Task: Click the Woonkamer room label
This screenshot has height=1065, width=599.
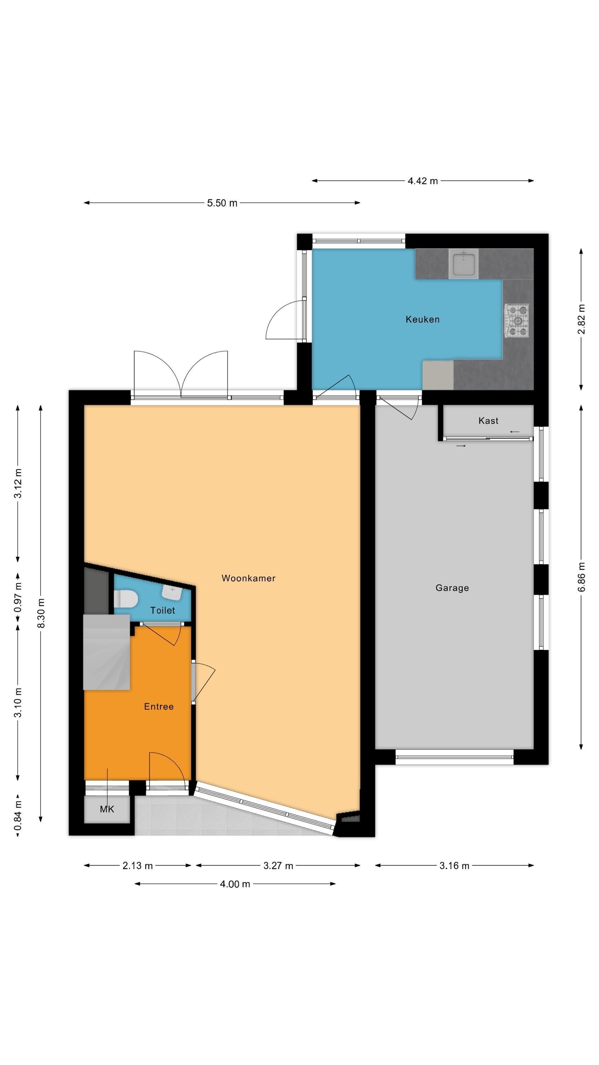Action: pyautogui.click(x=248, y=578)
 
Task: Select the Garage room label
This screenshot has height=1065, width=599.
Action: pyautogui.click(x=452, y=588)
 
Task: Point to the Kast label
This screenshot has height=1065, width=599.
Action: pyautogui.click(x=488, y=421)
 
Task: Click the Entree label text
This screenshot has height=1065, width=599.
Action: pyautogui.click(x=159, y=706)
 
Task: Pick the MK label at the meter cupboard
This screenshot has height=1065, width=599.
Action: pyautogui.click(x=107, y=809)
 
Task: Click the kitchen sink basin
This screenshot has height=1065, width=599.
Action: pyautogui.click(x=463, y=264)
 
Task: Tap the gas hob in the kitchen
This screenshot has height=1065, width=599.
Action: pyautogui.click(x=516, y=321)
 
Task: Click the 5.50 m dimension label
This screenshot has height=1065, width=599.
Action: pyautogui.click(x=222, y=203)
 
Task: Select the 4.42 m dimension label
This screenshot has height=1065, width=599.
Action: pyautogui.click(x=423, y=181)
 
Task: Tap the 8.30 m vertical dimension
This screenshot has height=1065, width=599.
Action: pyautogui.click(x=41, y=613)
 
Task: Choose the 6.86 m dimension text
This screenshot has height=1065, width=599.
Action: pyautogui.click(x=581, y=577)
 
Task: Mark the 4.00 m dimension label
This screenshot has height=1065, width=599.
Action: pyautogui.click(x=235, y=884)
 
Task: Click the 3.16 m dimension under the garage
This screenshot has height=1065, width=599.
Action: pyautogui.click(x=454, y=866)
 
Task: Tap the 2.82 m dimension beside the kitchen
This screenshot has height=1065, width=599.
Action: pyautogui.click(x=581, y=319)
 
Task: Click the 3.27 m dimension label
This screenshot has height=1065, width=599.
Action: pyautogui.click(x=278, y=866)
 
